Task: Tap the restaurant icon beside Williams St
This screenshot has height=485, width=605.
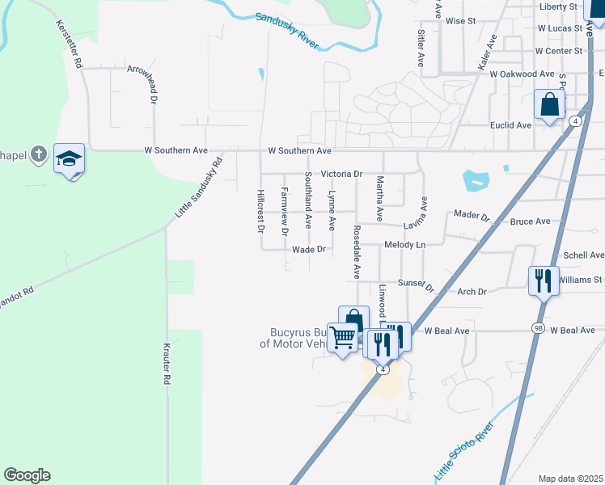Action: (x=543, y=280)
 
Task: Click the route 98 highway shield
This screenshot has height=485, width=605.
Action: (x=538, y=327)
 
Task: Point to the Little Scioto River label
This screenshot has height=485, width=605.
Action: (x=464, y=451)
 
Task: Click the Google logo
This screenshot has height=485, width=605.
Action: (x=27, y=475)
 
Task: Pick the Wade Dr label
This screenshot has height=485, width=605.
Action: (x=308, y=250)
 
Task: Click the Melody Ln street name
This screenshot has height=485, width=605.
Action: (x=404, y=244)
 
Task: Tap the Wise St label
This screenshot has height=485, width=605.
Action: (x=459, y=20)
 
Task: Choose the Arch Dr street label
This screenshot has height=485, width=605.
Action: (x=472, y=292)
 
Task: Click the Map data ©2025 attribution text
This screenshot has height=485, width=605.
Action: (x=569, y=479)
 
